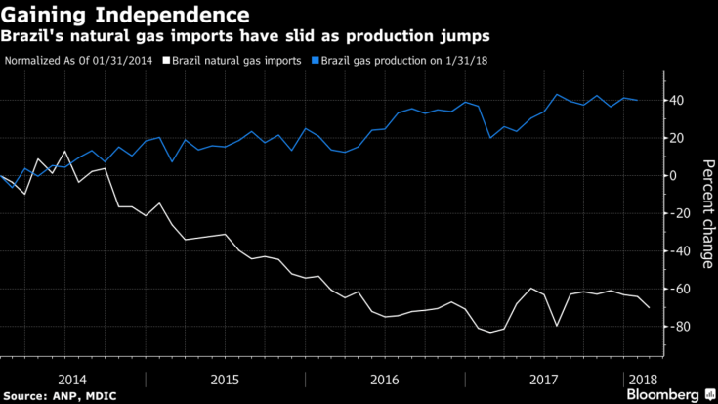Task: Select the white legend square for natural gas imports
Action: click(166, 60)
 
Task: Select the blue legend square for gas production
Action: click(315, 60)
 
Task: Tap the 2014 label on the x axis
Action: click(73, 377)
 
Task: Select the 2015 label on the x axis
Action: click(227, 377)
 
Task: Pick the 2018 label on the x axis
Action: click(642, 377)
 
